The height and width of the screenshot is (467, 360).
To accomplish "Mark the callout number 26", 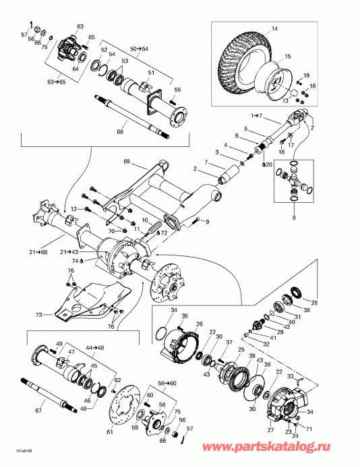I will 199,324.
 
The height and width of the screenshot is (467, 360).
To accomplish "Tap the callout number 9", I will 206,222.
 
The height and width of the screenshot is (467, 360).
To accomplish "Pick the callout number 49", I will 59,344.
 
